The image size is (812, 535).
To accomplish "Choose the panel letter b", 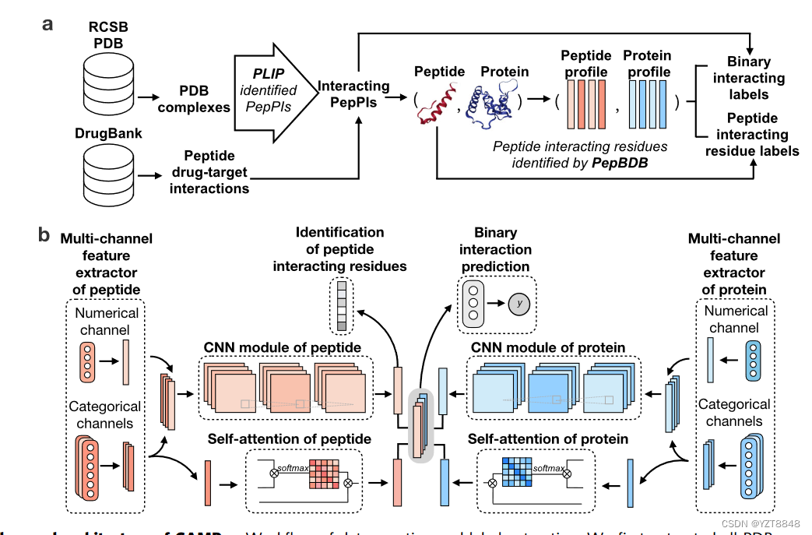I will (46, 234).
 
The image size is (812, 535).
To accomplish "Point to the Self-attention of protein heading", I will (548, 439).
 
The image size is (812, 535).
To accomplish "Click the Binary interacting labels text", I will (748, 78).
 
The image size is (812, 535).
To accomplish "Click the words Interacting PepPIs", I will (354, 94).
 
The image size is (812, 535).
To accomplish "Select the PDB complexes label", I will (194, 99).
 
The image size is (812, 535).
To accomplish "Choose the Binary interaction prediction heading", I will (496, 249).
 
